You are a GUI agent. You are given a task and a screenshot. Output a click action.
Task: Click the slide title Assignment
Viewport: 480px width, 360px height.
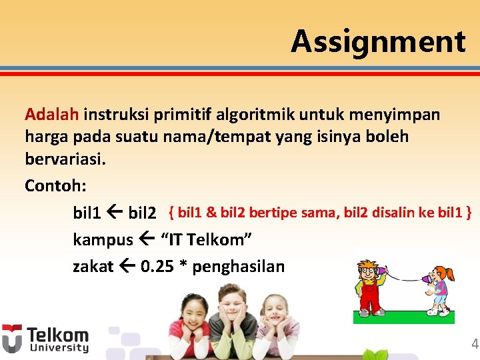[378, 41]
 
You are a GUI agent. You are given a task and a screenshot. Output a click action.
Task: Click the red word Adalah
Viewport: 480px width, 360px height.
[53, 114]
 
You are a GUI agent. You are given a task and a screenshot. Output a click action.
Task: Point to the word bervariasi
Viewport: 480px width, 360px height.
[65, 161]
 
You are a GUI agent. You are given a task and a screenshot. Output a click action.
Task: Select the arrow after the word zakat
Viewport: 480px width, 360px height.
[129, 267]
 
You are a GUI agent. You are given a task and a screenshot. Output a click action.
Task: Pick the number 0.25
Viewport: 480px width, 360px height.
[163, 267]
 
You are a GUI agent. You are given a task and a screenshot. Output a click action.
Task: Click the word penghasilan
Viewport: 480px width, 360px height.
[238, 267]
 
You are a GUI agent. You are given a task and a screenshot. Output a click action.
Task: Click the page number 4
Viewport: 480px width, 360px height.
[475, 344]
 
